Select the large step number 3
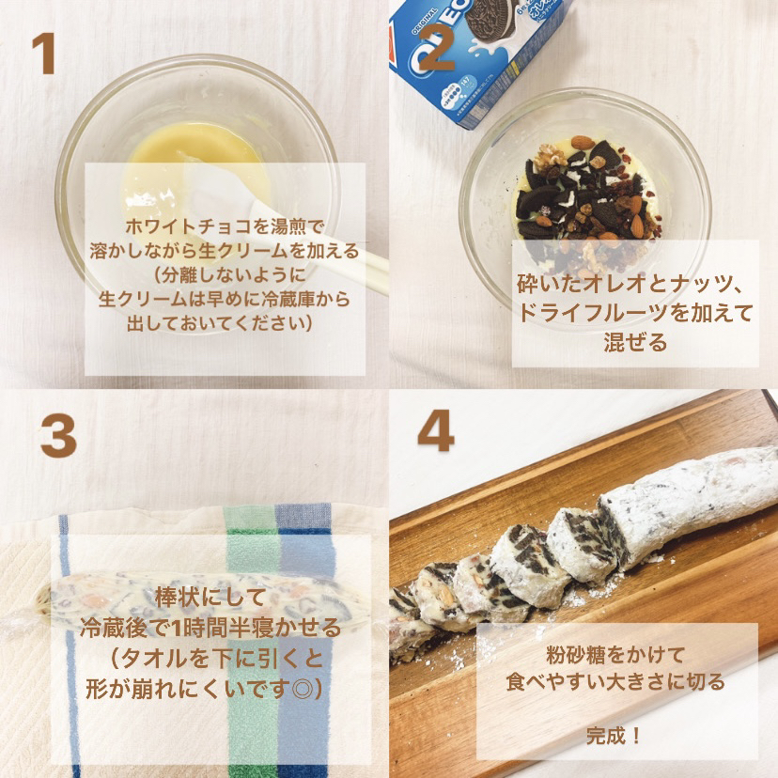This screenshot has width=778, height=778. coord(57,437)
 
